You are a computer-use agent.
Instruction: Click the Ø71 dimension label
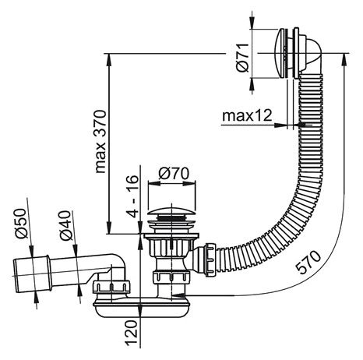tap(242, 58)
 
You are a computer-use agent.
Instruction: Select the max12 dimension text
tap(247, 115)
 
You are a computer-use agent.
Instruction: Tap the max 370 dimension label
tap(100, 142)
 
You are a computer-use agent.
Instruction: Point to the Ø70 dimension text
tap(174, 174)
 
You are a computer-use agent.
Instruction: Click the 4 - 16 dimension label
tap(133, 196)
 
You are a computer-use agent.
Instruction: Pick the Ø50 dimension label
tap(21, 224)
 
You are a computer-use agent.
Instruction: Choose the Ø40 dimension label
tap(65, 225)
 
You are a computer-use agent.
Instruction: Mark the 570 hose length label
tap(309, 262)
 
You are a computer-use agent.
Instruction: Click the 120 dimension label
tap(132, 333)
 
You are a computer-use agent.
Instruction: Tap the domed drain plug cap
tap(171, 211)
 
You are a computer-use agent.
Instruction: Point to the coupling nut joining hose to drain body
tap(210, 260)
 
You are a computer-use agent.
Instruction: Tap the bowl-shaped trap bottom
tap(143, 309)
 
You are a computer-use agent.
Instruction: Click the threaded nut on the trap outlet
tap(111, 288)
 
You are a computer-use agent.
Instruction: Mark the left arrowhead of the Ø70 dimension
tap(153, 183)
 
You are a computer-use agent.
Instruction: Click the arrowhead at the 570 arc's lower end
tap(178, 295)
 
